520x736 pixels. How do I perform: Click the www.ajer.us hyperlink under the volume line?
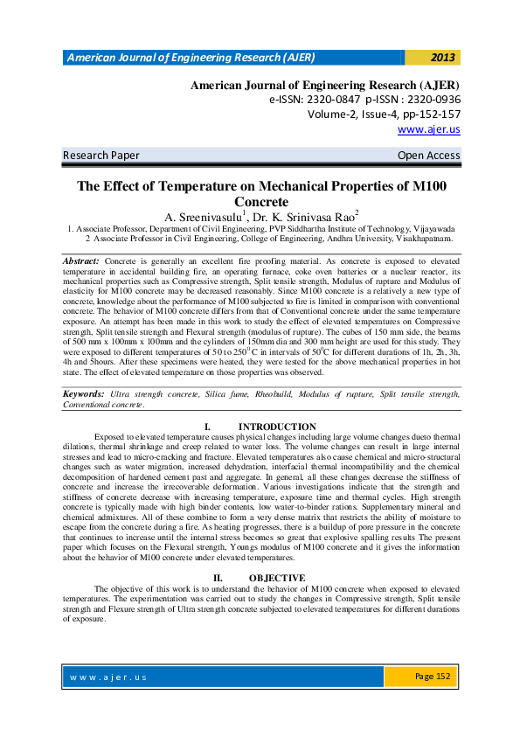point(428,129)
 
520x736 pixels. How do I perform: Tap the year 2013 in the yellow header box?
point(443,58)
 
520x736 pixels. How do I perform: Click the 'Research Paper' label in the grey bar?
point(101,156)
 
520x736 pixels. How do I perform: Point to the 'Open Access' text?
point(428,156)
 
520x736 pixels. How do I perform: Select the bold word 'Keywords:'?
point(85,394)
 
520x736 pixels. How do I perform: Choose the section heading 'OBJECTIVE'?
point(277,579)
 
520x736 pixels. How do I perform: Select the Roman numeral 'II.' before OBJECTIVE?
point(219,579)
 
